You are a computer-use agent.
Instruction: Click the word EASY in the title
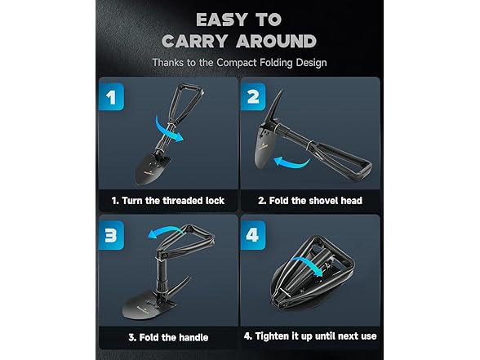(x=221, y=20)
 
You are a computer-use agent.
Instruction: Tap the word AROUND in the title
(x=276, y=41)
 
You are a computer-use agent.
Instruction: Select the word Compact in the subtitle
(x=237, y=63)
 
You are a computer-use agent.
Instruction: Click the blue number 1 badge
(x=111, y=96)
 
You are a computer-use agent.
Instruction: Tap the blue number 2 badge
(x=253, y=96)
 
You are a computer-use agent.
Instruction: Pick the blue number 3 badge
(x=111, y=235)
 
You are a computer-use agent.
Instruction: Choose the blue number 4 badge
(x=253, y=235)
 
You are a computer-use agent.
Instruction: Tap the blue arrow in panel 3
(x=165, y=230)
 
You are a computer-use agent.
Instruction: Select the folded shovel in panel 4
(x=312, y=273)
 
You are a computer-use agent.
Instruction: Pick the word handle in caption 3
(x=193, y=337)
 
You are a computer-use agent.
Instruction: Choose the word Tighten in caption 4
(x=272, y=336)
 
